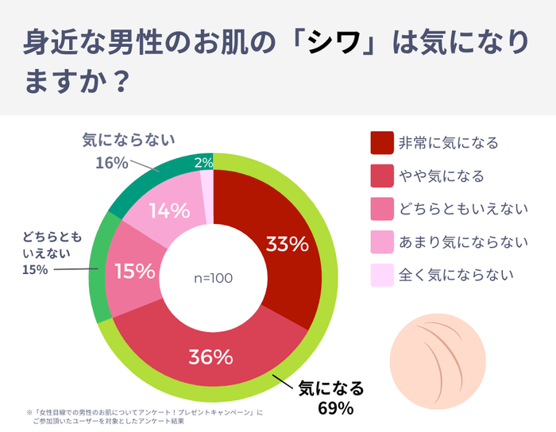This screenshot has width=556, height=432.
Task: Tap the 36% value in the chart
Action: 210,357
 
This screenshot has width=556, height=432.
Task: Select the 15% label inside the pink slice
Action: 134,272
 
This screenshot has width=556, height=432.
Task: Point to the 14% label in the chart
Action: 169,211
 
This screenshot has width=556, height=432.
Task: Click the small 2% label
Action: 203,164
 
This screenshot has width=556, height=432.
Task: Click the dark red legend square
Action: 383,143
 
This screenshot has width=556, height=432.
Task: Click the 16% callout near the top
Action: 111,163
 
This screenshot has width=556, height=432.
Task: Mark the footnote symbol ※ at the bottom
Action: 29,413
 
